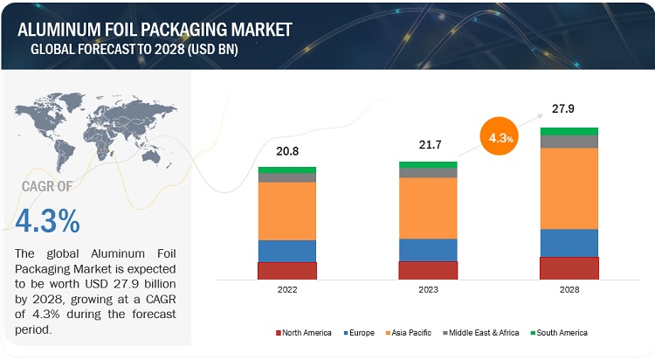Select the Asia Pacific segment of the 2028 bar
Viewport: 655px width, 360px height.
(x=569, y=188)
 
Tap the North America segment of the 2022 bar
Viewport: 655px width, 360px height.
(x=287, y=271)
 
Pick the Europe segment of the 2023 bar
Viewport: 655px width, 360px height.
(x=427, y=250)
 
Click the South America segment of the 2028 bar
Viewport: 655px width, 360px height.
(x=569, y=131)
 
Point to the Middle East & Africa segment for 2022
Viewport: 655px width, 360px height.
(x=287, y=177)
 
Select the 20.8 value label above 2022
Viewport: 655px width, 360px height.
(x=287, y=151)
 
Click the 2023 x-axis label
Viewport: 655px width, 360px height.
(x=427, y=289)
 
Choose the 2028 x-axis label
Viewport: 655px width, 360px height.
(x=569, y=289)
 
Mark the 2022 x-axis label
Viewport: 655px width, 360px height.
(x=287, y=289)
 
